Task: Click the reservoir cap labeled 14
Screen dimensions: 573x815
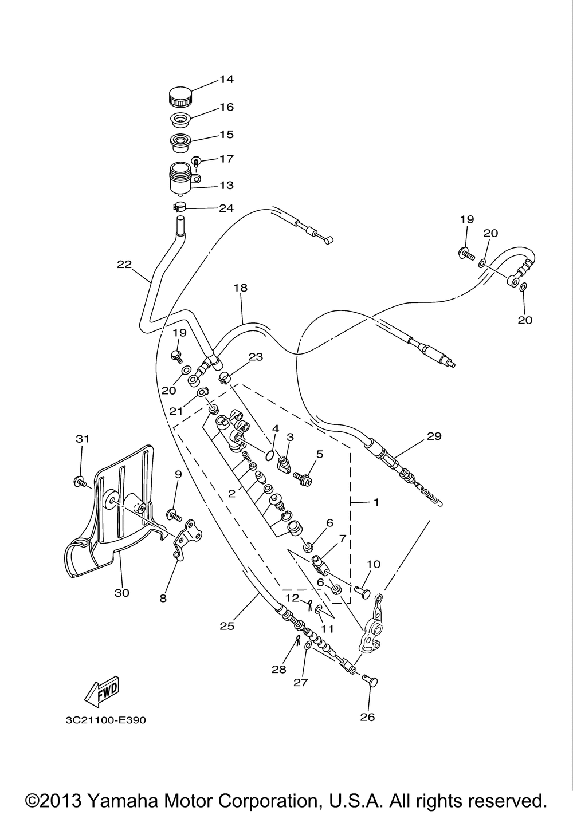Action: pyautogui.click(x=181, y=96)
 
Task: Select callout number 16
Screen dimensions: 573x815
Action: pyautogui.click(x=226, y=107)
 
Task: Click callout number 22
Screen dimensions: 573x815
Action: pyautogui.click(x=124, y=265)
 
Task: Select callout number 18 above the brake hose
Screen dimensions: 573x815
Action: pyautogui.click(x=240, y=288)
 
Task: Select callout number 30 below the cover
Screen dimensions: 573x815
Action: pyautogui.click(x=122, y=593)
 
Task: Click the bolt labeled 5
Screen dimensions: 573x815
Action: pyautogui.click(x=303, y=479)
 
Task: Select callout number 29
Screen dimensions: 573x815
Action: pyautogui.click(x=434, y=435)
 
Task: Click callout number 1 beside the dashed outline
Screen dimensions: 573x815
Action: pyautogui.click(x=376, y=502)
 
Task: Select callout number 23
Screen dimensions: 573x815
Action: pyautogui.click(x=256, y=357)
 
